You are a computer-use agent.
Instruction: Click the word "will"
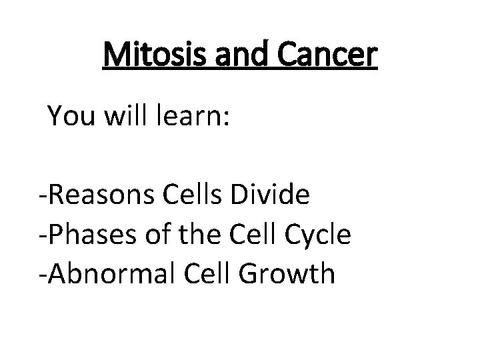tap(121, 117)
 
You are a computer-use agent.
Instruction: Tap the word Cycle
tap(316, 235)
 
